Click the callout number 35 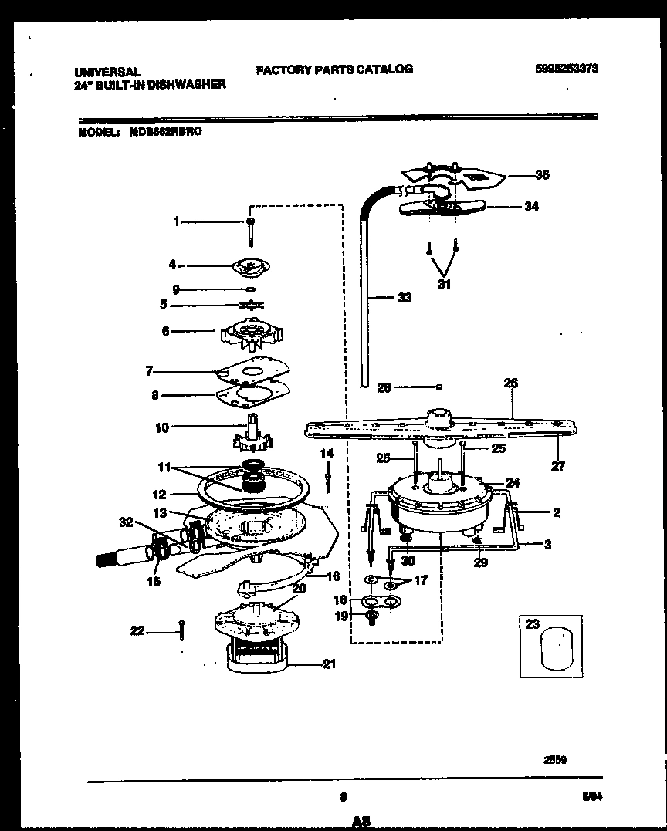pyautogui.click(x=542, y=175)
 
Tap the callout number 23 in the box pyautogui.click(x=532, y=624)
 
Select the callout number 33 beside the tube pyautogui.click(x=404, y=298)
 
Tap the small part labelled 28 pyautogui.click(x=438, y=387)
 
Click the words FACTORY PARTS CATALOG pyautogui.click(x=334, y=69)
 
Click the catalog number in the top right pyautogui.click(x=567, y=69)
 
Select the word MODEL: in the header pyautogui.click(x=98, y=132)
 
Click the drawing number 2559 pyautogui.click(x=556, y=759)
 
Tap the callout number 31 pyautogui.click(x=443, y=285)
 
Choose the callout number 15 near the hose pyautogui.click(x=154, y=582)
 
